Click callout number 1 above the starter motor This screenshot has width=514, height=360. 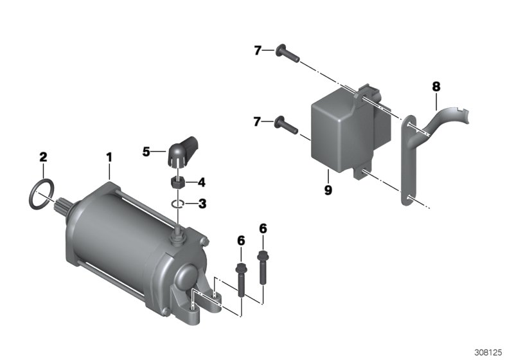(x=109, y=156)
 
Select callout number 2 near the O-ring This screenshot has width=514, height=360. (x=43, y=156)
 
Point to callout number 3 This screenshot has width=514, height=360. (x=202, y=204)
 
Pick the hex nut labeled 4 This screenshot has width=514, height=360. (x=178, y=182)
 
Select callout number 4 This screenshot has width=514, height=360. (x=201, y=182)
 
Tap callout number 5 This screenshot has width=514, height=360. (x=146, y=152)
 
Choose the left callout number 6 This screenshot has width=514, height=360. (x=241, y=240)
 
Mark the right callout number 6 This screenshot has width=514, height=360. (x=263, y=228)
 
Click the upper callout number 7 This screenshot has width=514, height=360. (x=258, y=50)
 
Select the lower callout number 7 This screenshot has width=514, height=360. (x=258, y=122)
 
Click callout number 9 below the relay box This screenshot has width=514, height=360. (x=328, y=191)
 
